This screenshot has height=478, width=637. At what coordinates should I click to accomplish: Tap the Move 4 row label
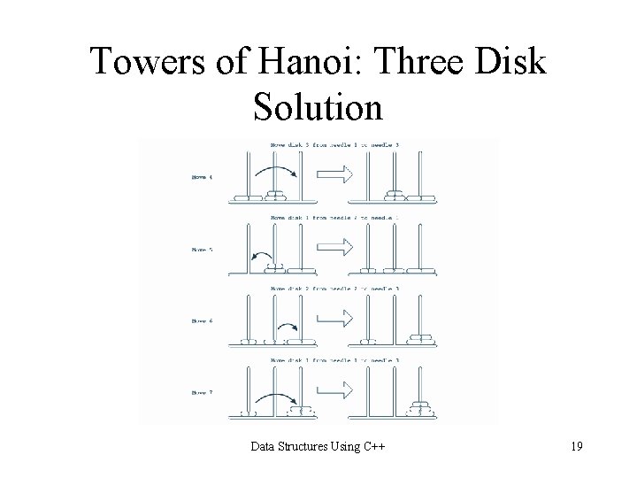pyautogui.click(x=202, y=177)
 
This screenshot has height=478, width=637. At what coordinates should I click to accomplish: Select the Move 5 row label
pyautogui.click(x=202, y=250)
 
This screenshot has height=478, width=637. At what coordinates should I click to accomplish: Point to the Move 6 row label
pyautogui.click(x=202, y=321)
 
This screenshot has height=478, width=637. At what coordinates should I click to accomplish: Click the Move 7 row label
pyautogui.click(x=202, y=393)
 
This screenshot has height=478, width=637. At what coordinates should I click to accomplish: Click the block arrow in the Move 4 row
pyautogui.click(x=334, y=177)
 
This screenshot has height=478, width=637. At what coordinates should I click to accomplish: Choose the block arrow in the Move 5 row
pyautogui.click(x=334, y=250)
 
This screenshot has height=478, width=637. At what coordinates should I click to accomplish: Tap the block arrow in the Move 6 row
pyautogui.click(x=334, y=321)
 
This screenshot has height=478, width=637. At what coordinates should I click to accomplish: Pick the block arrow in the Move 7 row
pyautogui.click(x=334, y=393)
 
